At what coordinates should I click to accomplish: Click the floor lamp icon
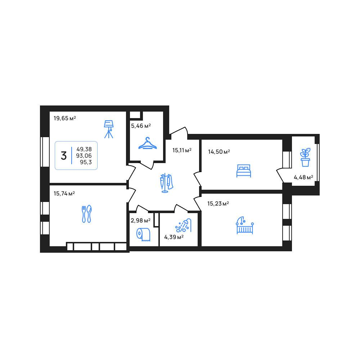pyautogui.click(x=109, y=129)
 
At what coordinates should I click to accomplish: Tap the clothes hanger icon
pyautogui.click(x=147, y=144)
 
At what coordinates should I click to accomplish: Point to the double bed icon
pyautogui.click(x=244, y=171)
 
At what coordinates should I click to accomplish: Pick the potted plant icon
pyautogui.click(x=305, y=157)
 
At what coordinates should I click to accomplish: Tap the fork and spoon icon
pyautogui.click(x=86, y=214)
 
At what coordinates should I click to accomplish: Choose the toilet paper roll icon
pyautogui.click(x=143, y=234)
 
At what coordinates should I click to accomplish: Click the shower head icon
pyautogui.click(x=183, y=225)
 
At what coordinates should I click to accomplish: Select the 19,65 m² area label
pyautogui.click(x=65, y=118)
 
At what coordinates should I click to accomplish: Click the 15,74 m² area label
pyautogui.click(x=64, y=194)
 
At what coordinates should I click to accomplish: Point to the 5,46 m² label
pyautogui.click(x=141, y=126)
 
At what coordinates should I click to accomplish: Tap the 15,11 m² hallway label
pyautogui.click(x=182, y=150)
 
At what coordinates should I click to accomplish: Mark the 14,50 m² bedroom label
pyautogui.click(x=219, y=152)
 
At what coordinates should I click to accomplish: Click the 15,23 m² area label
pyautogui.click(x=218, y=204)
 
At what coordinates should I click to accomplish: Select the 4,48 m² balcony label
pyautogui.click(x=303, y=177)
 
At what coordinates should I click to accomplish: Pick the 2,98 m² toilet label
pyautogui.click(x=140, y=221)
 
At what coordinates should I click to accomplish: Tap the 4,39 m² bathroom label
pyautogui.click(x=174, y=237)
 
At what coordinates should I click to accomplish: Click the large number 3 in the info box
pyautogui.click(x=64, y=156)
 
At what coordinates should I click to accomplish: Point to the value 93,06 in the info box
pyautogui.click(x=84, y=156)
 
